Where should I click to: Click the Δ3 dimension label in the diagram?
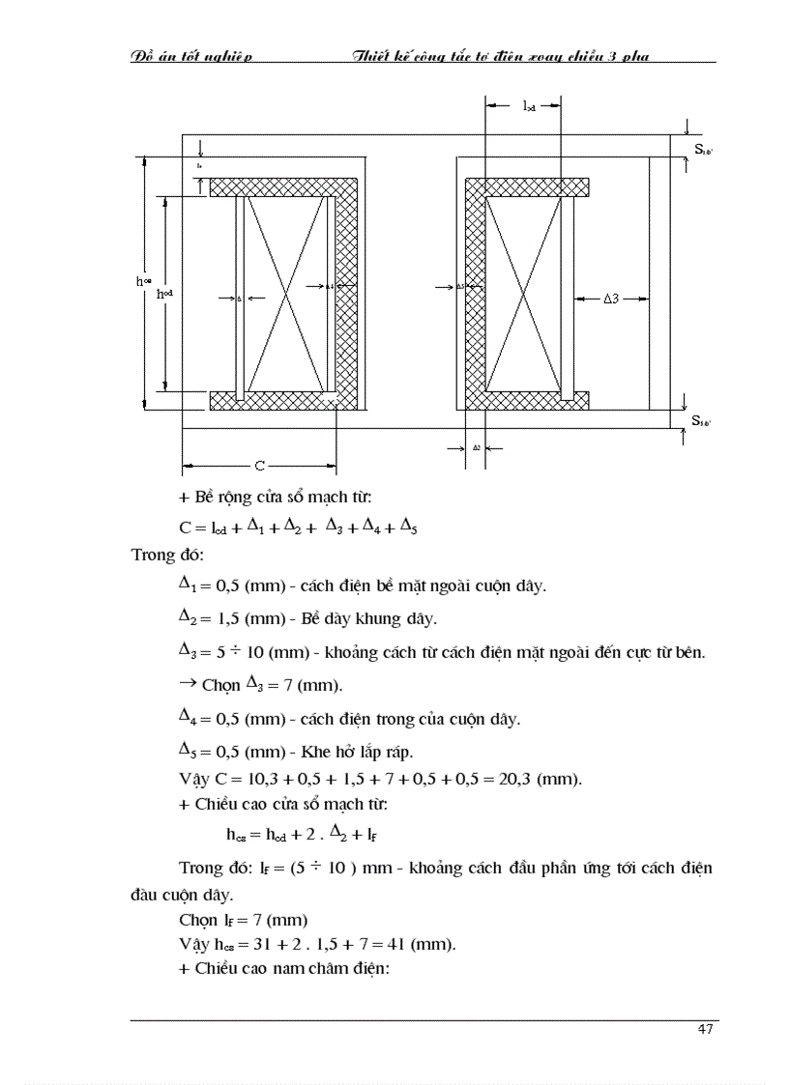point(610,300)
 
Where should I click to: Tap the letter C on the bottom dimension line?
point(259,467)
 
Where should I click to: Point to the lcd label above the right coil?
point(529,107)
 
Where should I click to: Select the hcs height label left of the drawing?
point(142,282)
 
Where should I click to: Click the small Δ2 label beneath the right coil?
point(477,447)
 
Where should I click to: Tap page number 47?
point(704,1029)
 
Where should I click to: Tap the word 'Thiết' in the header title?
point(373,56)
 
